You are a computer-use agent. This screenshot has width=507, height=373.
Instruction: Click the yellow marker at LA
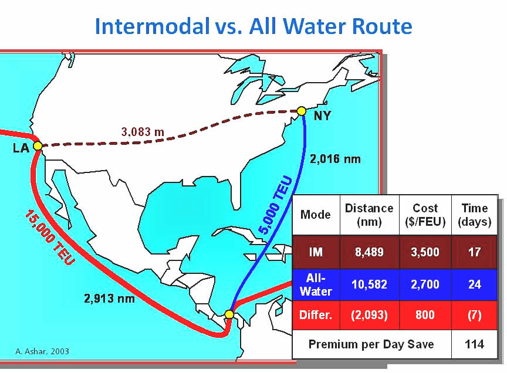pyautogui.click(x=38, y=146)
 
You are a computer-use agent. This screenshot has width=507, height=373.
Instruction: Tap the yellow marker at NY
pyautogui.click(x=302, y=111)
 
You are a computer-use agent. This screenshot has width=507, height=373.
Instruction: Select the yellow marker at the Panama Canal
pyautogui.click(x=229, y=314)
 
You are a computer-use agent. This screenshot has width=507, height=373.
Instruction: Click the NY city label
pyautogui.click(x=322, y=116)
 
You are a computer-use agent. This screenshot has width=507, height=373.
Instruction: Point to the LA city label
pyautogui.click(x=21, y=148)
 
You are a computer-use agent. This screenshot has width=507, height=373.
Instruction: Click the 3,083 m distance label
pyautogui.click(x=143, y=132)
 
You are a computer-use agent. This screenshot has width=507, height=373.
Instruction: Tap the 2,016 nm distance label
pyautogui.click(x=335, y=159)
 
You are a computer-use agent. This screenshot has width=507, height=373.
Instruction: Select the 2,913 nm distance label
pyautogui.click(x=109, y=298)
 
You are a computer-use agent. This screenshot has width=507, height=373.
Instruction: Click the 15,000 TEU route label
pyautogui.click(x=50, y=238)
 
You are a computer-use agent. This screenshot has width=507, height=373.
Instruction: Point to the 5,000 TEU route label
pyautogui.click(x=275, y=205)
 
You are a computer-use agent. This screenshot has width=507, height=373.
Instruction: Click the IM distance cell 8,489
pyautogui.click(x=369, y=252)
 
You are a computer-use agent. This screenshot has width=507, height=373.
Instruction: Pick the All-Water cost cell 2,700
pyautogui.click(x=425, y=284)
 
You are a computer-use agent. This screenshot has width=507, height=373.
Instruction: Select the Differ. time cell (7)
pyautogui.click(x=474, y=315)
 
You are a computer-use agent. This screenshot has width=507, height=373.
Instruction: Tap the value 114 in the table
pyautogui.click(x=474, y=344)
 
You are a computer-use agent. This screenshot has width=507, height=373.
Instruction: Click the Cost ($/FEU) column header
pyautogui.click(x=425, y=215)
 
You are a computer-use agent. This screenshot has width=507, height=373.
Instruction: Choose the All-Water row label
pyautogui.click(x=316, y=285)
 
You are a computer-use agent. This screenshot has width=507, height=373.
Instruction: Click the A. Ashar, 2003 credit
pyautogui.click(x=42, y=351)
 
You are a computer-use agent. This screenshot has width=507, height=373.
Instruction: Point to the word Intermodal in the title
pyautogui.click(x=153, y=26)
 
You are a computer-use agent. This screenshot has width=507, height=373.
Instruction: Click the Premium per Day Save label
pyautogui.click(x=371, y=344)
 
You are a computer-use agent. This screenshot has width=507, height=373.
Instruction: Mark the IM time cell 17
pyautogui.click(x=474, y=252)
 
